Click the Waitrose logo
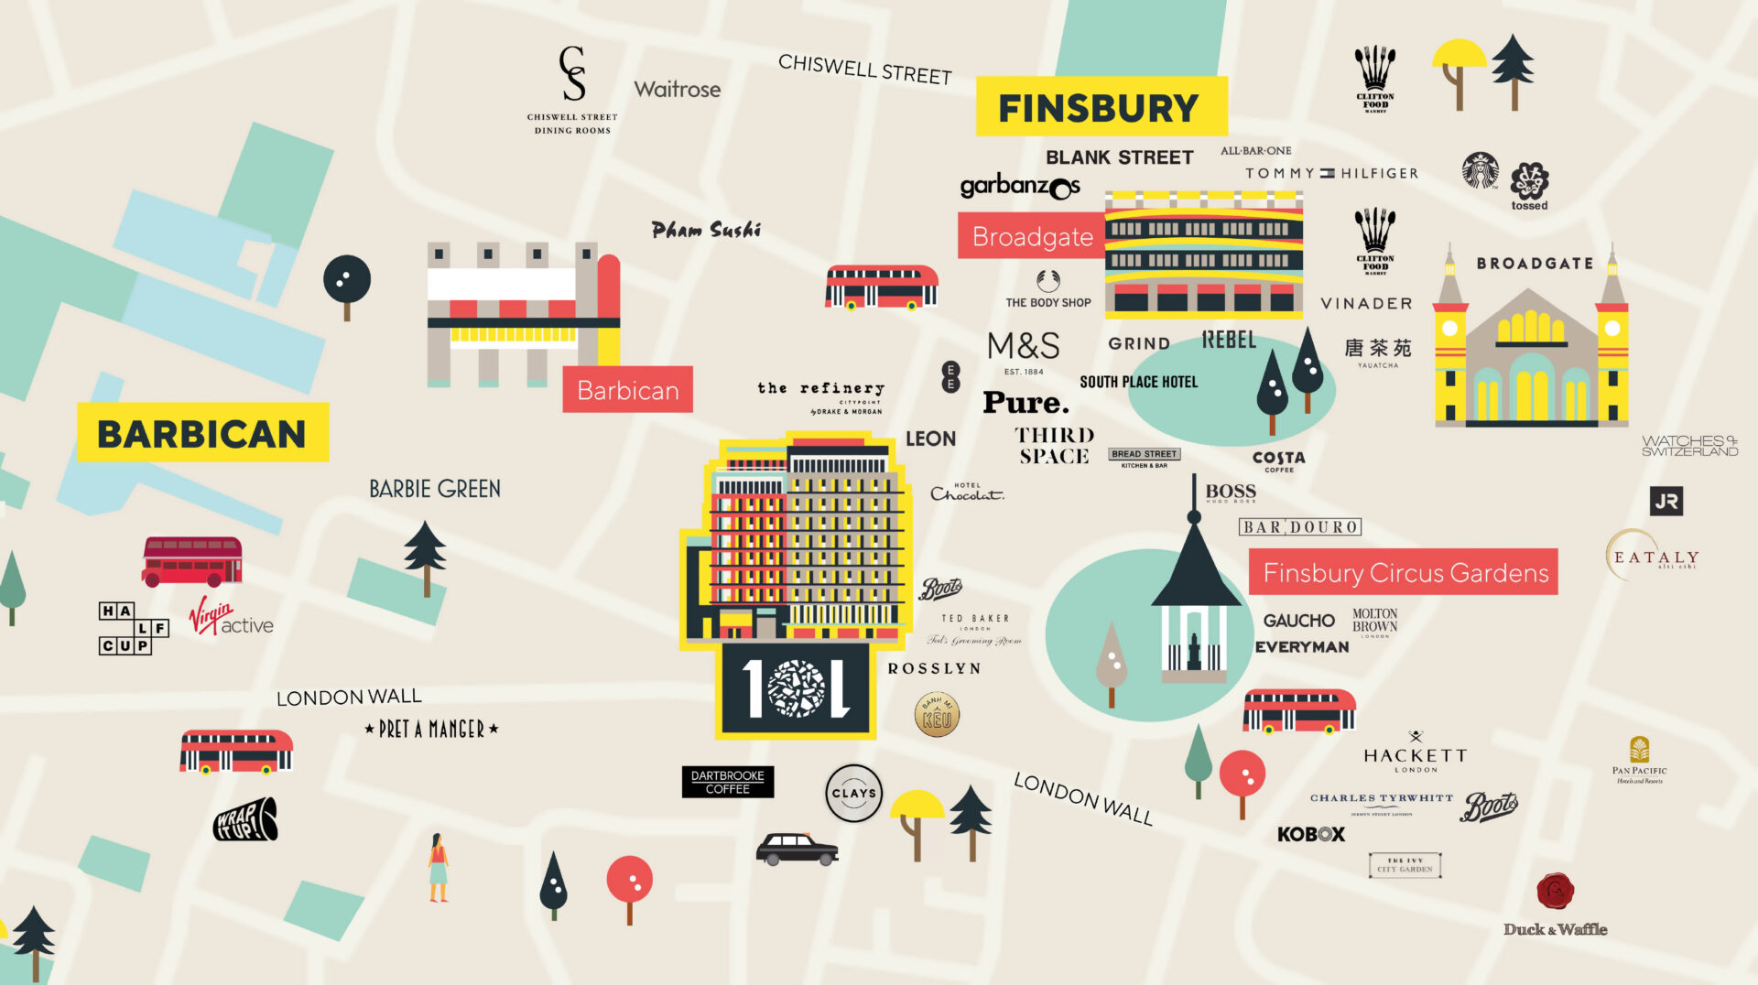677,90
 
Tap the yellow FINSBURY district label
1100,108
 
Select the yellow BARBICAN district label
202,433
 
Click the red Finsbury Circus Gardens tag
1404,573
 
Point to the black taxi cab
796,849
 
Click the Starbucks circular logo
1480,171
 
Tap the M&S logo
1024,349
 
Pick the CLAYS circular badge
853,794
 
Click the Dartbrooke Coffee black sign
728,782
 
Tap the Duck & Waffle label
1555,929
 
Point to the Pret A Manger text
431,730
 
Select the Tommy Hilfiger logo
1330,173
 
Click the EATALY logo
1655,556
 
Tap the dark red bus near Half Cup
192,561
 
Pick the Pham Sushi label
706,231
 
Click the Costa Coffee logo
1278,460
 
